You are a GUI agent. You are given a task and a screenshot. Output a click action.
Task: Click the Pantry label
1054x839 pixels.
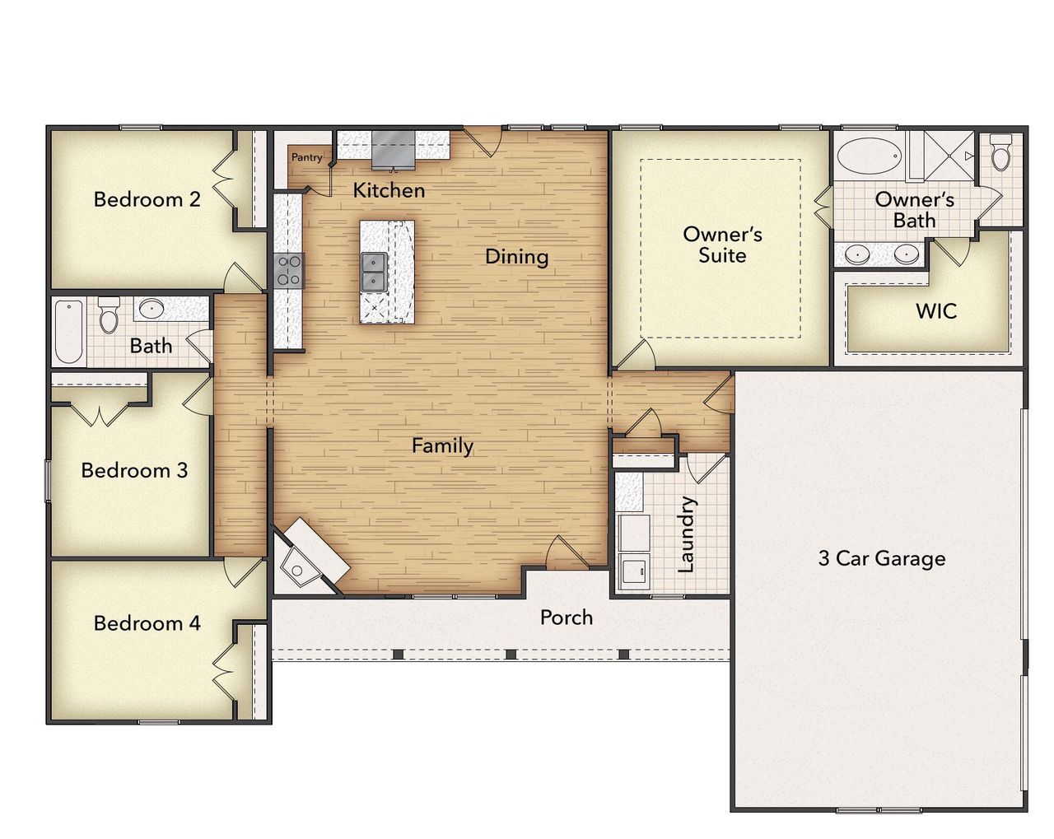(306, 157)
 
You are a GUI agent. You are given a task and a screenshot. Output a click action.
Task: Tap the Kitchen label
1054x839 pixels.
(389, 190)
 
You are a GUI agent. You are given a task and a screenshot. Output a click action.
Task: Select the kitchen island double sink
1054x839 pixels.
(373, 271)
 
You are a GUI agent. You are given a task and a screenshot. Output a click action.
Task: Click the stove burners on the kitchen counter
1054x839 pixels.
(288, 270)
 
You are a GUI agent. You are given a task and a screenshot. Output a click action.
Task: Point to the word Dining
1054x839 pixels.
(516, 256)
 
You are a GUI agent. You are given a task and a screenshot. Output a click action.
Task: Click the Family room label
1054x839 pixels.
(442, 445)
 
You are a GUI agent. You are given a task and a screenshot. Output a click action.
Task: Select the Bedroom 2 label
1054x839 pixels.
(147, 199)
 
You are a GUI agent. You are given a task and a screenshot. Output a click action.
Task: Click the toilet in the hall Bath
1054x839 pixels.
(109, 315)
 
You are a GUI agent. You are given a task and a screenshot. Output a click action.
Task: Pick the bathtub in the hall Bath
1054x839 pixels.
(69, 331)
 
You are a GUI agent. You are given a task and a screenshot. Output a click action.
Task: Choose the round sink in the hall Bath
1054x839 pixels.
(150, 310)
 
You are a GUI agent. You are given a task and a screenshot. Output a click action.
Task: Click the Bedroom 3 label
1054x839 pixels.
(134, 470)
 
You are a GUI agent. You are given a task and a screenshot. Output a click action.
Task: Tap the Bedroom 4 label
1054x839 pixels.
(147, 623)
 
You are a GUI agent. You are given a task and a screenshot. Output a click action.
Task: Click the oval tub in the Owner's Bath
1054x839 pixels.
(870, 156)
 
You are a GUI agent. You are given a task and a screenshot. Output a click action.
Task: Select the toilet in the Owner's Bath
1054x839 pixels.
(1000, 153)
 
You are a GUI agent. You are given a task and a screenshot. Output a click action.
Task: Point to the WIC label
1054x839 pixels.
(936, 311)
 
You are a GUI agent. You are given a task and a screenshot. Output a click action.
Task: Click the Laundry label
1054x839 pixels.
(686, 534)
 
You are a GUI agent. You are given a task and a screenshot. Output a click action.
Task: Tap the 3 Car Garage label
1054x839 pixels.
(881, 558)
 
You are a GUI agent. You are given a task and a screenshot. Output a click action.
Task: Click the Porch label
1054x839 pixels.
(566, 617)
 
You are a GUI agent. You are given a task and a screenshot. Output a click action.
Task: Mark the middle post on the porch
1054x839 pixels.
(511, 654)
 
